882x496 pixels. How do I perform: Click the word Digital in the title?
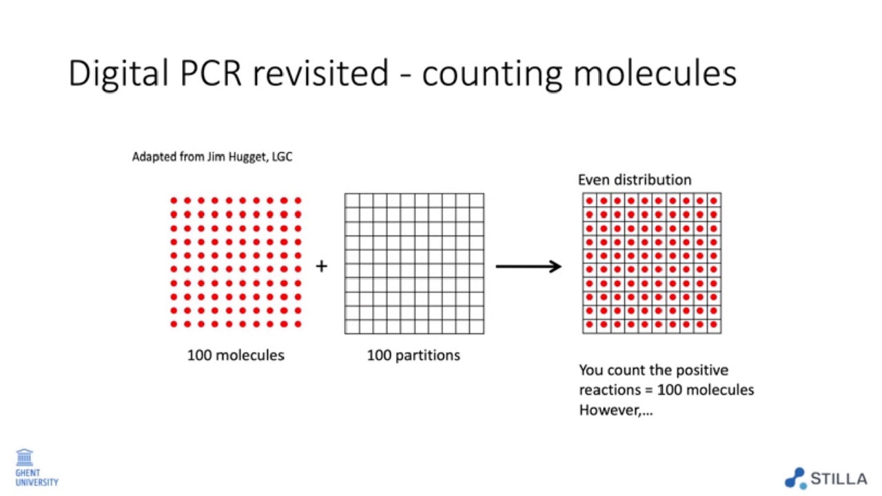coord(118,73)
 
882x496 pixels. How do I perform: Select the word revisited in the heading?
coord(321,73)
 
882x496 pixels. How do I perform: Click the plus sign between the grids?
coord(321,266)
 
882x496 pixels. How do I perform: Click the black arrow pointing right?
coord(529,267)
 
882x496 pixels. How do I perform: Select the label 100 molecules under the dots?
coord(236,355)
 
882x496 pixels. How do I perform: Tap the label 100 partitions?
coord(413,355)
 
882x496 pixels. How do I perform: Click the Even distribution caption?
coord(635,180)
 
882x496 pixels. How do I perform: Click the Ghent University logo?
coord(36,468)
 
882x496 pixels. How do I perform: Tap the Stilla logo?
coord(825,478)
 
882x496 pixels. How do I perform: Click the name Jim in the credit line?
coord(216,157)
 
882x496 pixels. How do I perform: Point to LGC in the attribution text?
coord(281,157)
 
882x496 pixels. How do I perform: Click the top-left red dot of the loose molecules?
coord(174,200)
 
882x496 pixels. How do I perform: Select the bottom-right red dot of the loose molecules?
coord(298,324)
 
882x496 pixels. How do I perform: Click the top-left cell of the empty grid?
coord(352,200)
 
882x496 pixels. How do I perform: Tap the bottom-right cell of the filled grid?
coord(714,324)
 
